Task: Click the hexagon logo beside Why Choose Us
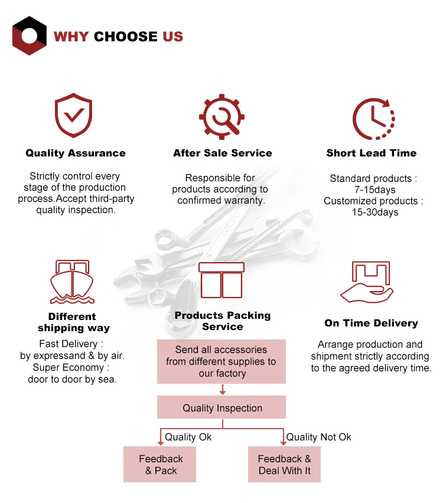tap(30, 36)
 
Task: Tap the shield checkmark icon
tap(73, 115)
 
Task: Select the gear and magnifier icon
tap(221, 116)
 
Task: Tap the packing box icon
tap(221, 280)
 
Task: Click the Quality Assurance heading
tap(76, 153)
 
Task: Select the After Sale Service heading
tap(223, 153)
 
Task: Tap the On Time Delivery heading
tap(371, 324)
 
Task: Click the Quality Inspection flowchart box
tap(221, 408)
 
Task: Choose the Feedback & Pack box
tap(160, 465)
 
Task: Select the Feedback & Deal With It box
tap(284, 465)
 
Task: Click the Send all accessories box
tap(221, 361)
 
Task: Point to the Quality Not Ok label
tap(319, 437)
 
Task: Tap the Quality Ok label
tap(188, 437)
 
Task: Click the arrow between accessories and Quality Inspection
tap(222, 390)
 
